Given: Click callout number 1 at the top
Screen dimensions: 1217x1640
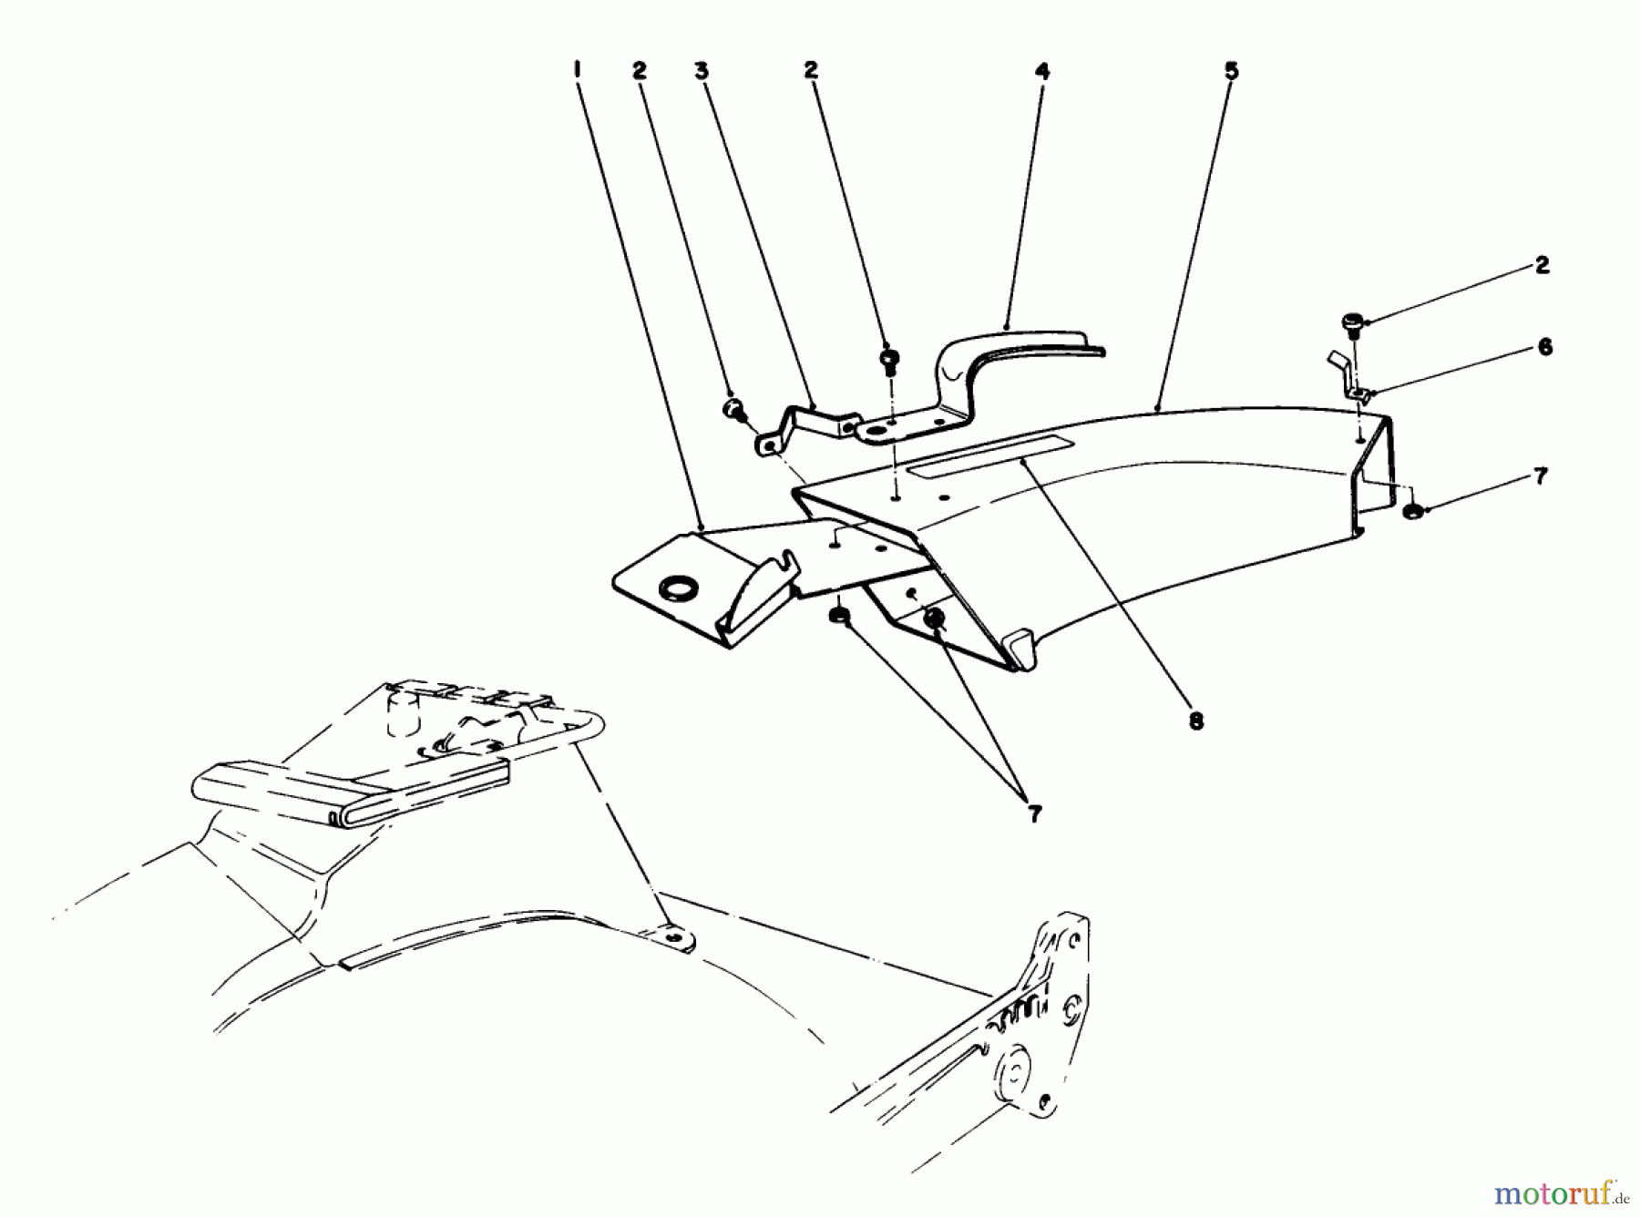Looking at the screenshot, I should [x=578, y=69].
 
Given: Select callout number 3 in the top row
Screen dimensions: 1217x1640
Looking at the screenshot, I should [x=702, y=70].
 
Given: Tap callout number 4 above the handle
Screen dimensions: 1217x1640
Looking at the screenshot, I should [x=1042, y=70].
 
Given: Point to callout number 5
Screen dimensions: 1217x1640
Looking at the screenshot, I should [x=1231, y=70].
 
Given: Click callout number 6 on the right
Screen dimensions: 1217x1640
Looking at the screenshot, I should [x=1544, y=347].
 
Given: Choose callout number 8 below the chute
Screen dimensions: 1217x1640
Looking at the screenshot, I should [x=1195, y=721].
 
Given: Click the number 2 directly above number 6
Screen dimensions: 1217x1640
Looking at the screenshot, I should [x=1542, y=266].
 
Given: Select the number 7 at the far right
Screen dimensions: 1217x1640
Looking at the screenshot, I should [x=1540, y=476].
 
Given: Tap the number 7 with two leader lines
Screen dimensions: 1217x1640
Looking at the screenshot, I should [x=1034, y=814].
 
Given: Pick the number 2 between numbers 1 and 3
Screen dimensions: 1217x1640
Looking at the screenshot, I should [x=640, y=70].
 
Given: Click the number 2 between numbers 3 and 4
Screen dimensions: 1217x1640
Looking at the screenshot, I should [x=811, y=70].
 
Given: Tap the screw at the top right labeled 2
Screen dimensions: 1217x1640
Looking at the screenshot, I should [x=1352, y=322].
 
